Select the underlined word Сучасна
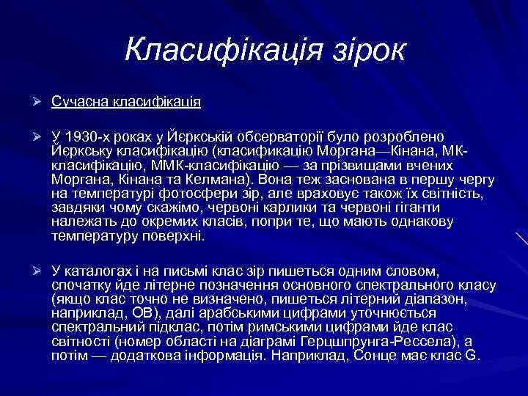(79, 100)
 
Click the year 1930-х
(88, 138)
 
